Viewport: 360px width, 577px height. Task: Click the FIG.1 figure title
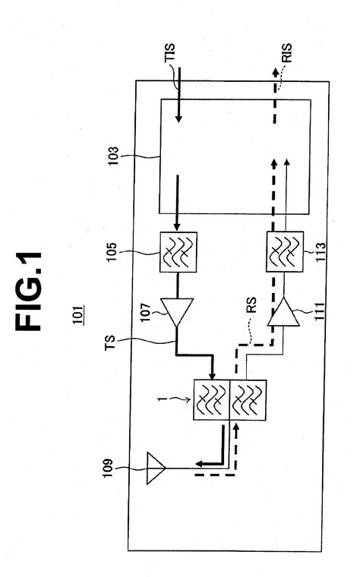[28, 291]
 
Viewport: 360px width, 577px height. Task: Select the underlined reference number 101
[77, 314]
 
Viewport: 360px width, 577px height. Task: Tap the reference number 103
[113, 156]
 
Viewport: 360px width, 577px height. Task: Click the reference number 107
[145, 312]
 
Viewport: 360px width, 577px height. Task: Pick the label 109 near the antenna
[108, 468]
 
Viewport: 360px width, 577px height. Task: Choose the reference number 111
[319, 311]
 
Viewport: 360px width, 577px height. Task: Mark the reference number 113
[321, 252]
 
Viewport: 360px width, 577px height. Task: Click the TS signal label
[109, 343]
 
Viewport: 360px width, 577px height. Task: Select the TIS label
[169, 52]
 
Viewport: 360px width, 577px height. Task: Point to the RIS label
[286, 53]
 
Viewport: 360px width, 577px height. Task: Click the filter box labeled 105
[178, 252]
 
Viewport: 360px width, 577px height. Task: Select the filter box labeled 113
[285, 252]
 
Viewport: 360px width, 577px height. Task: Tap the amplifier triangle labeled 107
[177, 312]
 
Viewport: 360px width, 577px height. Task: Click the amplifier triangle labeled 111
[283, 312]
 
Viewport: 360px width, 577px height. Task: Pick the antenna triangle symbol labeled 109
[156, 468]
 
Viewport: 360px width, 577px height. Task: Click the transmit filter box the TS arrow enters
[212, 400]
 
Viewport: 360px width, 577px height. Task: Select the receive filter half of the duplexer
[248, 400]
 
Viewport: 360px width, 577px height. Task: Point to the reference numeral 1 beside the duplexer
[160, 399]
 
